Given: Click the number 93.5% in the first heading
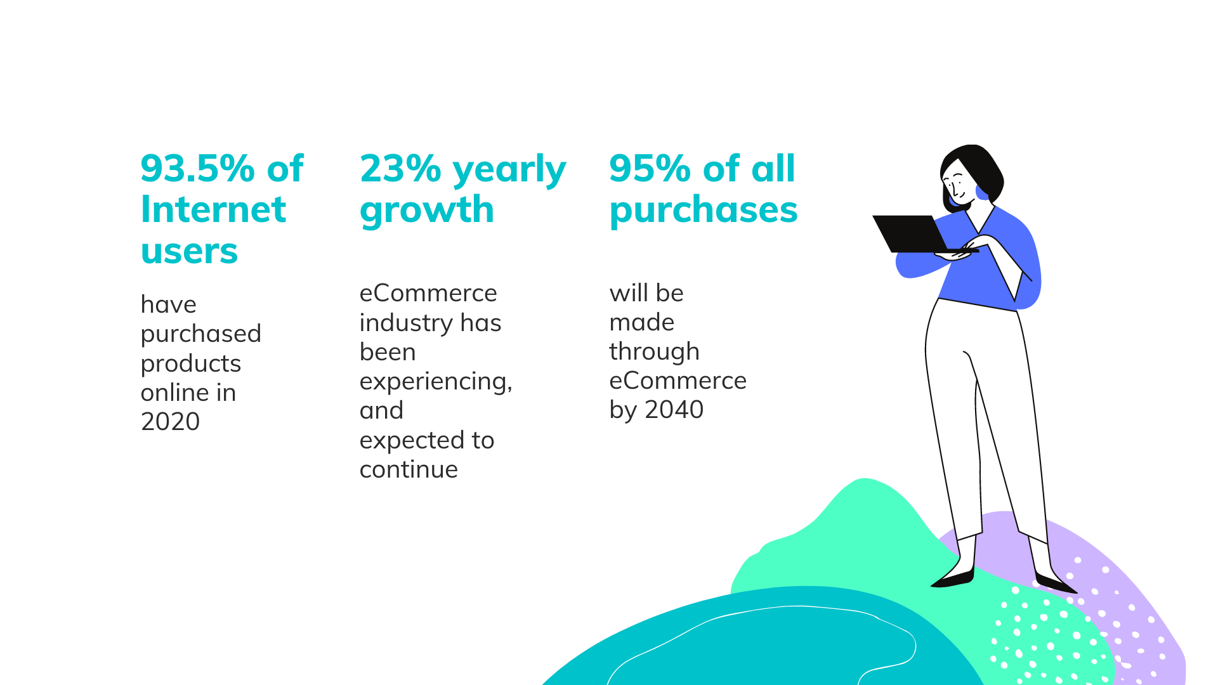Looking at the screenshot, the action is click(197, 169).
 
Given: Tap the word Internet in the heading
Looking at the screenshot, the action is click(213, 209).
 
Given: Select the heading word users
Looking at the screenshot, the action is click(189, 251).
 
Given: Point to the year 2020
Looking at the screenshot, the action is click(170, 422).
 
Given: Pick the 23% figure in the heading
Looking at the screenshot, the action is click(400, 169).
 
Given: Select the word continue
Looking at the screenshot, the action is click(409, 470).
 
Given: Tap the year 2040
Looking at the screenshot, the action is click(674, 410).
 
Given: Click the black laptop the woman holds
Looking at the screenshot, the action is click(913, 233).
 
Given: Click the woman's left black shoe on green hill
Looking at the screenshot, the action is click(953, 578).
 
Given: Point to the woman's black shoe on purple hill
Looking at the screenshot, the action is click(1054, 583).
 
